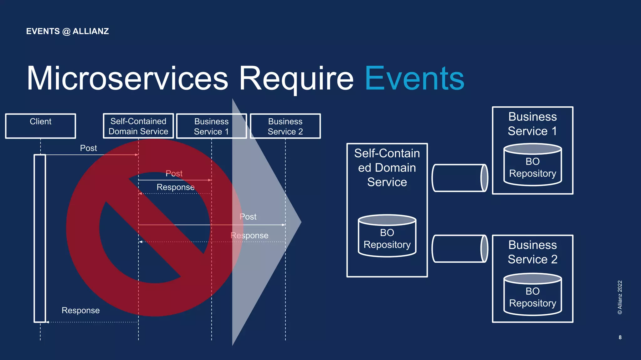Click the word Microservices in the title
(127, 79)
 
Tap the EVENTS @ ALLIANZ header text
(67, 31)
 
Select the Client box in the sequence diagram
(40, 126)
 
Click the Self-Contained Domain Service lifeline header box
(138, 126)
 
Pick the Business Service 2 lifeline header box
(285, 126)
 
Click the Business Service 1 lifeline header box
(211, 126)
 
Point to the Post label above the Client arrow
(88, 148)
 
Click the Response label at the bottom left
(80, 310)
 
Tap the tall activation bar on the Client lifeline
(40, 238)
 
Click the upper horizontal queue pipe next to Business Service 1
(459, 178)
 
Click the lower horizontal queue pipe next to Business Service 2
(459, 249)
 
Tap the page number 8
(620, 337)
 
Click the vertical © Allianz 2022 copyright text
(620, 297)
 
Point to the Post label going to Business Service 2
(248, 216)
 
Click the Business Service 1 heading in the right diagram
(532, 124)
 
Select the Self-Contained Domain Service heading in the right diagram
(387, 168)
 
